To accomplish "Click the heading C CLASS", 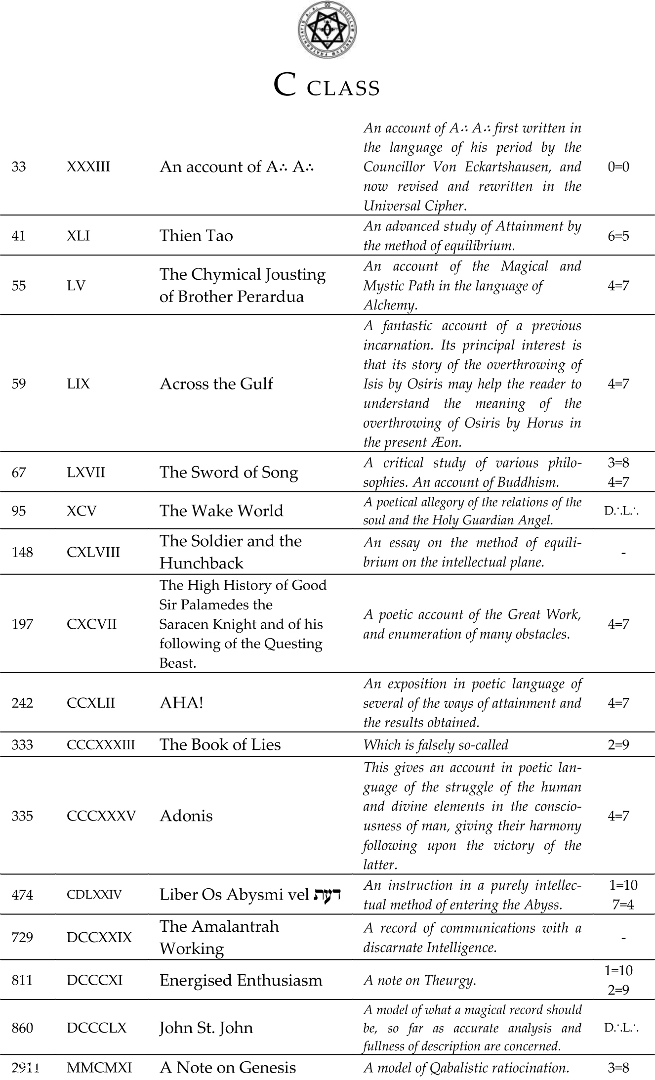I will [x=327, y=87].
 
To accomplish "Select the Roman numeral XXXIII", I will [x=88, y=167].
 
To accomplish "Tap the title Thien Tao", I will [x=196, y=236].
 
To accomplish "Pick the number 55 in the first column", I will [x=19, y=286].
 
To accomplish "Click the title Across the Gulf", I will [x=216, y=384].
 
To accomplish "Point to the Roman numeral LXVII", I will [x=86, y=473].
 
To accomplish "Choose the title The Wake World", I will [x=221, y=511].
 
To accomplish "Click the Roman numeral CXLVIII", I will [x=93, y=552].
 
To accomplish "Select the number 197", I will [x=22, y=624].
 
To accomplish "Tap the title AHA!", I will [x=181, y=703].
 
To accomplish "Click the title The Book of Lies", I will [x=220, y=745].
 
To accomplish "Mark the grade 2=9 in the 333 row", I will [x=618, y=745].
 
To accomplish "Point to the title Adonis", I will [x=186, y=816].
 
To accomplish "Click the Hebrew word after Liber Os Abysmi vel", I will [x=327, y=894].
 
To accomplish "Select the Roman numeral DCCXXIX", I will [x=99, y=938].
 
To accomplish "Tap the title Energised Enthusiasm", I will [x=241, y=980].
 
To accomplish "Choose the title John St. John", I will [x=206, y=1028].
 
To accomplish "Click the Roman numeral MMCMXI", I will [x=99, y=1068].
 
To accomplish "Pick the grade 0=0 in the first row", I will [x=618, y=167].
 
